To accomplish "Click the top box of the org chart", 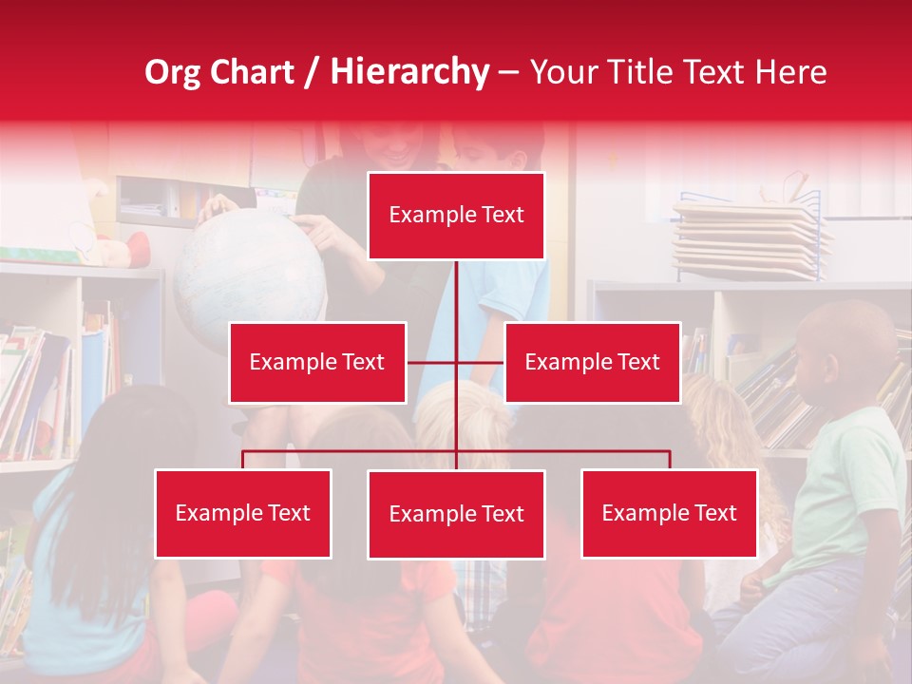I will [x=456, y=216].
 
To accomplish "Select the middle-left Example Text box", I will [x=317, y=362].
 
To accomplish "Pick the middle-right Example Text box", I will [x=592, y=362].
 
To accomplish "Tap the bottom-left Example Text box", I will [x=243, y=513].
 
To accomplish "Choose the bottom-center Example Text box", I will [x=456, y=514].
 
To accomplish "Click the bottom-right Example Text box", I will [x=670, y=513].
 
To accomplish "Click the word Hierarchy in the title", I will [x=409, y=72].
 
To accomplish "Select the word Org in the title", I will [x=174, y=72].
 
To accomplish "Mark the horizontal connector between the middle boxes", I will [x=432, y=362].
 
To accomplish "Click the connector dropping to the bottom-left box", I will [x=243, y=460].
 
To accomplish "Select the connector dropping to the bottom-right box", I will [x=670, y=460].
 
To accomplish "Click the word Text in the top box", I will [x=502, y=216].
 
